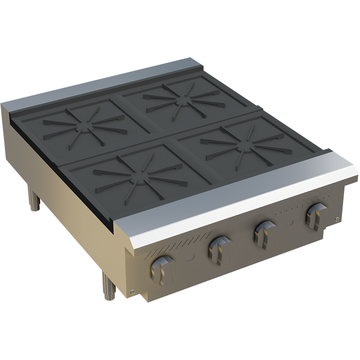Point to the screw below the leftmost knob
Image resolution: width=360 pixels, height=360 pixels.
point(131,292)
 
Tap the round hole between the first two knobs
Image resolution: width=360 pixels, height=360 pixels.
point(190,257)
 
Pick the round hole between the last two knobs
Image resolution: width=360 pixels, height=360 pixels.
point(289,222)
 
